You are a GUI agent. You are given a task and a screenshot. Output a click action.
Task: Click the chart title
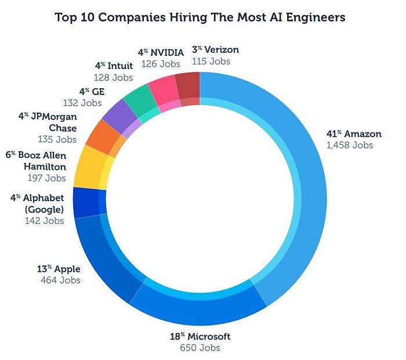(x=200, y=17)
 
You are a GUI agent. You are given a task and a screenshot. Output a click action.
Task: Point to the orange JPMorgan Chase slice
(x=103, y=136)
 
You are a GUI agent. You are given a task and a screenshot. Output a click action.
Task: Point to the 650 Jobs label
(x=200, y=348)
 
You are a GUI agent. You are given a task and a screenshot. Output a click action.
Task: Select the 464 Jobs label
(x=60, y=281)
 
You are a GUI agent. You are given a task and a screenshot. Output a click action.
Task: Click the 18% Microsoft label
(x=200, y=336)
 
